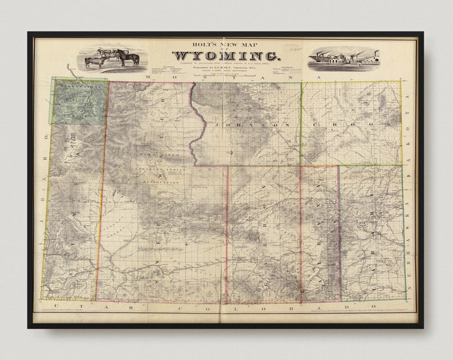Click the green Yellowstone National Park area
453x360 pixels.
click(x=79, y=100)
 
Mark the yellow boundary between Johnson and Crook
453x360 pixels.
click(x=301, y=123)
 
